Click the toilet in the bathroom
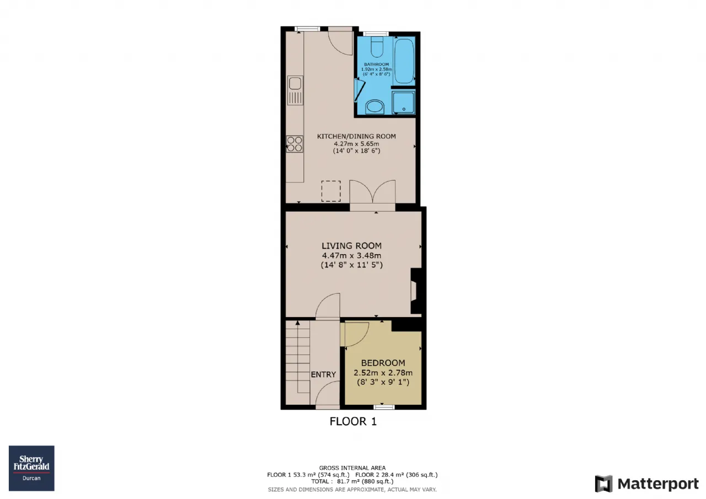click(377, 47)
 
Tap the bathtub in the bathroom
click(404, 61)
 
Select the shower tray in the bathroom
click(403, 102)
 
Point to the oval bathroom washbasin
click(375, 107)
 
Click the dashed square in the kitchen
click(331, 191)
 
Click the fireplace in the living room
click(416, 290)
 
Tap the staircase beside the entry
click(298, 362)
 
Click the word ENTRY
click(323, 374)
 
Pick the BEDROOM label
click(383, 363)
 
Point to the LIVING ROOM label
click(351, 246)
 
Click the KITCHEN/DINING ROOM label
click(356, 136)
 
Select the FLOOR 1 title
click(353, 421)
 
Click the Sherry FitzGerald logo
click(31, 468)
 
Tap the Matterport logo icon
click(603, 483)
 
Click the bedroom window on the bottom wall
click(384, 407)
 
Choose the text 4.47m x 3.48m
click(351, 255)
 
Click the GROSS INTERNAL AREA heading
click(352, 468)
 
